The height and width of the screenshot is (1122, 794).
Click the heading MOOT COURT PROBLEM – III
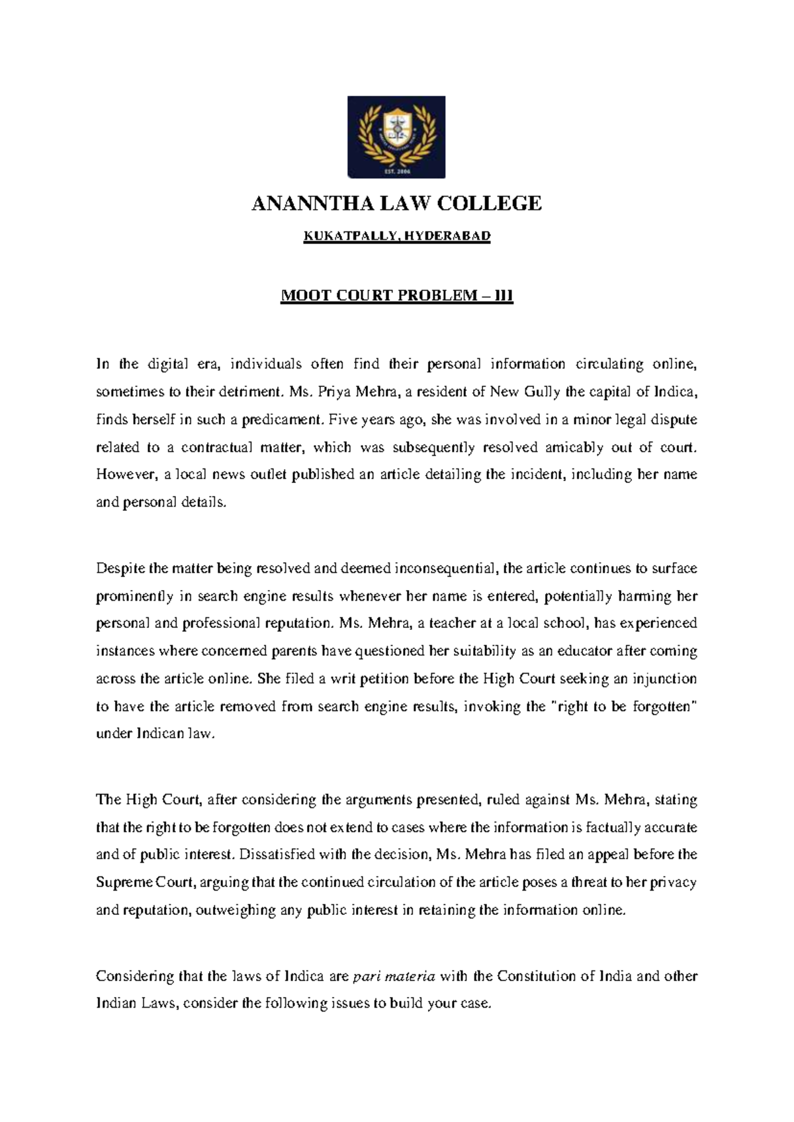(397, 296)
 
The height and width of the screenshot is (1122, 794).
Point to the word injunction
(667, 679)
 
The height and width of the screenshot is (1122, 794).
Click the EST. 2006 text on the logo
(397, 170)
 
